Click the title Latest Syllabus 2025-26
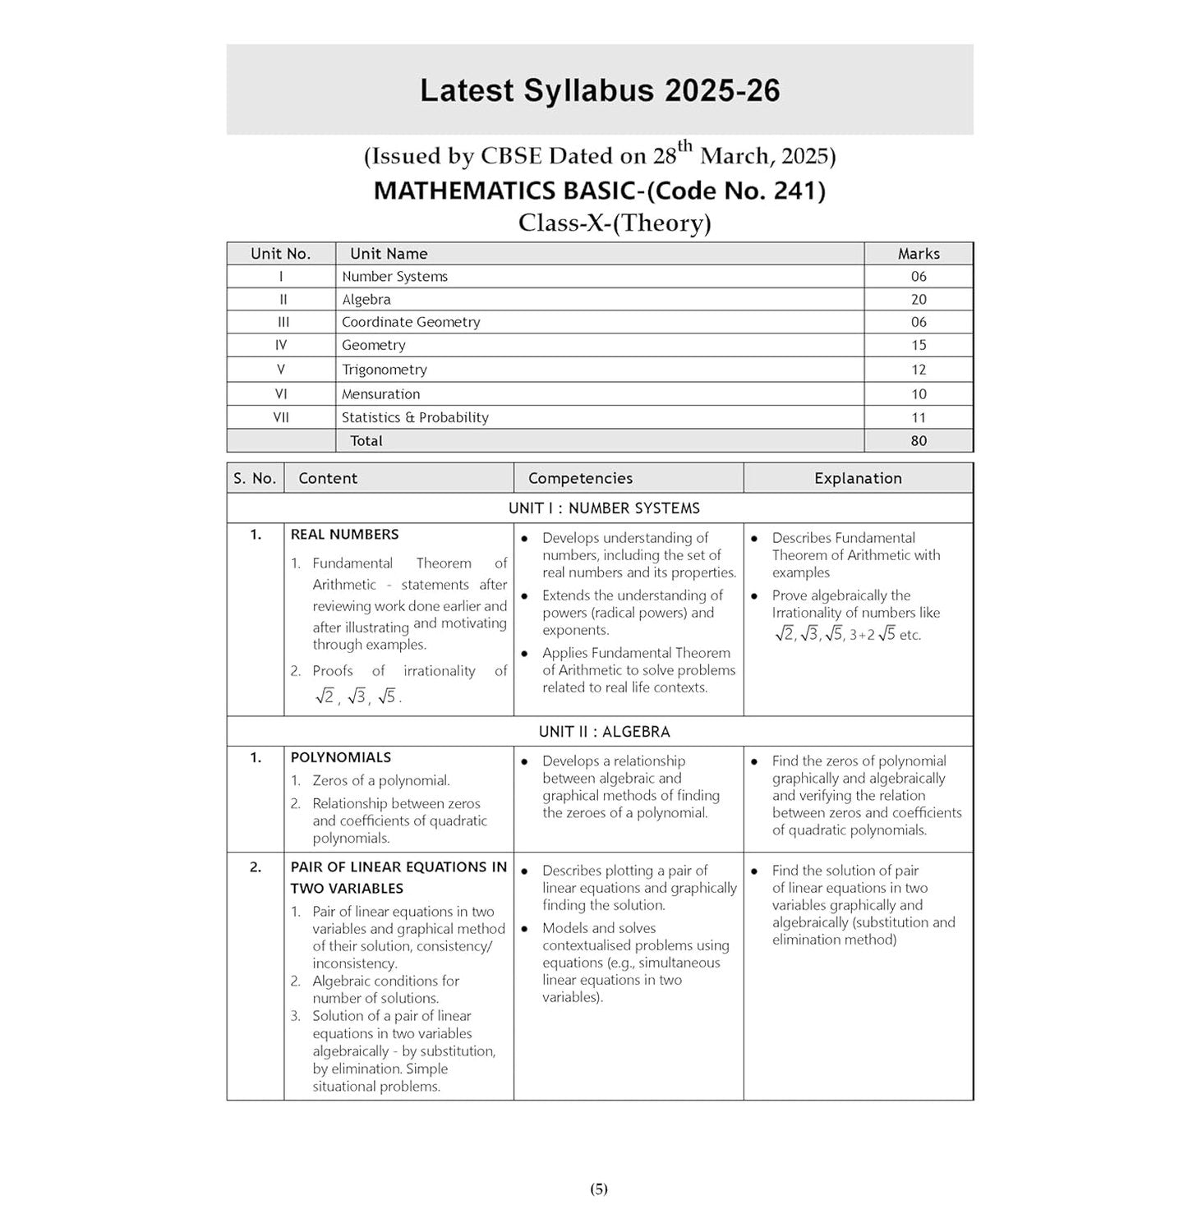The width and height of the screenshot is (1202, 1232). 600,90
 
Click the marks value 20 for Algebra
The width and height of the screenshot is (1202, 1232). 918,300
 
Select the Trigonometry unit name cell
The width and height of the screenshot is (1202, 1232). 385,370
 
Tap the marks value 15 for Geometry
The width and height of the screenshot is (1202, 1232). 918,346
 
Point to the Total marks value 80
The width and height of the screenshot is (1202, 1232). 918,441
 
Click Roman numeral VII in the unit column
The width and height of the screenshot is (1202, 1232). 281,417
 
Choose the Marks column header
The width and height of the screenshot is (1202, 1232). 918,254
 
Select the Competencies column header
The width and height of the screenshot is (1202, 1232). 580,478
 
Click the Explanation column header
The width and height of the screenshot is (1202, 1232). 858,478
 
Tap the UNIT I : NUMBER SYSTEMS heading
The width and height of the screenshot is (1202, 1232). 604,508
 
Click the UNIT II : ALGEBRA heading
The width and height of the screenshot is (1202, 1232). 604,732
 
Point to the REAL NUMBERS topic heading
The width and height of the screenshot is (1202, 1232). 344,535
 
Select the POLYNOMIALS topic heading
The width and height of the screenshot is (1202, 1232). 340,757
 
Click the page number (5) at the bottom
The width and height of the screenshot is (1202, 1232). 599,1188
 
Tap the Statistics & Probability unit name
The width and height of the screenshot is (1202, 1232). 415,417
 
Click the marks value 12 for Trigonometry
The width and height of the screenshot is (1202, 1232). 918,370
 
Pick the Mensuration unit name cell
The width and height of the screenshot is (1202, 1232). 380,394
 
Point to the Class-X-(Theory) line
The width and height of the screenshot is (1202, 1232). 614,223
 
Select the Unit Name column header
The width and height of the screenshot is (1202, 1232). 389,254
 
